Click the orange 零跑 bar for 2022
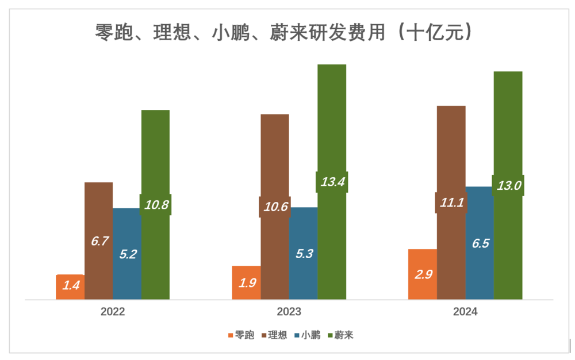(70, 287)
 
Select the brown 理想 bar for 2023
(275, 161)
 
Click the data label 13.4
(332, 182)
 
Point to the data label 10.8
(156, 204)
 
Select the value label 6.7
(99, 242)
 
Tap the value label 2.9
(423, 274)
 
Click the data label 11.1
(451, 202)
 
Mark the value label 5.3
(303, 254)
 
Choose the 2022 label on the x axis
(113, 313)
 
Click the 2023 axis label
(289, 313)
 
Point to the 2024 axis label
(465, 313)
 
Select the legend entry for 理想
(274, 335)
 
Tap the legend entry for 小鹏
(307, 335)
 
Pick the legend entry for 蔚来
(340, 335)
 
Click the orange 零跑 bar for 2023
(246, 282)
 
